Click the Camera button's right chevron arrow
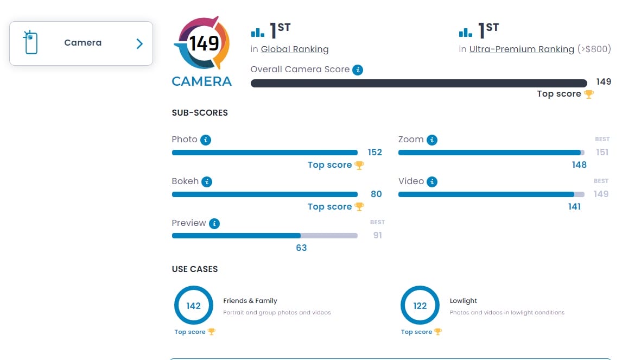139,44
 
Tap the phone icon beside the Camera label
30,42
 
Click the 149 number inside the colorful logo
204,43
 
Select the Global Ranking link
295,49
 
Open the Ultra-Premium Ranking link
522,49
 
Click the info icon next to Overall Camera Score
357,70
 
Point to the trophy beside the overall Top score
589,94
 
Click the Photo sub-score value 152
375,153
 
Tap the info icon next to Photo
205,140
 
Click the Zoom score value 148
579,165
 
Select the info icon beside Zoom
431,140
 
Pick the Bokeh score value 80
376,194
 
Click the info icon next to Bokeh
207,182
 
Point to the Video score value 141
574,207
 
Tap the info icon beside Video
432,182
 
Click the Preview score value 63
301,248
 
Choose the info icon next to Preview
214,223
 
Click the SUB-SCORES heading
200,113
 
